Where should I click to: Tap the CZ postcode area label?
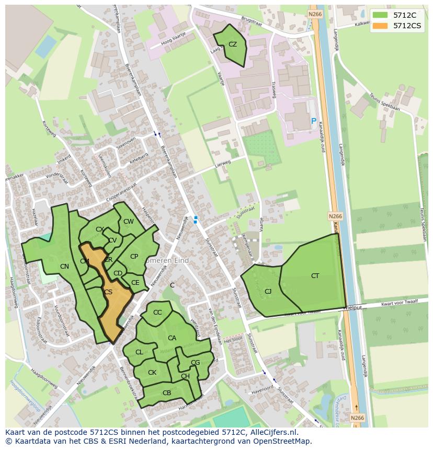point(233,44)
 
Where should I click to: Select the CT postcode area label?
point(315,275)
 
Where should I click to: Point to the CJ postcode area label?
point(268,291)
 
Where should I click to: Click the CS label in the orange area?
point(108,292)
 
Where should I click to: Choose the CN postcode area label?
point(64,267)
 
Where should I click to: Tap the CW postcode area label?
point(128,222)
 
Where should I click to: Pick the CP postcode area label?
point(134,256)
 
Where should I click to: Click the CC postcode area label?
point(157,313)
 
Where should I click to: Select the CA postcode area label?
point(172,338)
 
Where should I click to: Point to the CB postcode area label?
point(167,393)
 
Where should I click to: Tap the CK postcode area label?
point(152,373)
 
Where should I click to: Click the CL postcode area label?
point(139,352)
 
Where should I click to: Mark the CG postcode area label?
point(195,362)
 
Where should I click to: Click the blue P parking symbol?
point(313,121)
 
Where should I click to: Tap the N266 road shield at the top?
point(314,14)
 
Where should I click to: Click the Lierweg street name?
point(223,164)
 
